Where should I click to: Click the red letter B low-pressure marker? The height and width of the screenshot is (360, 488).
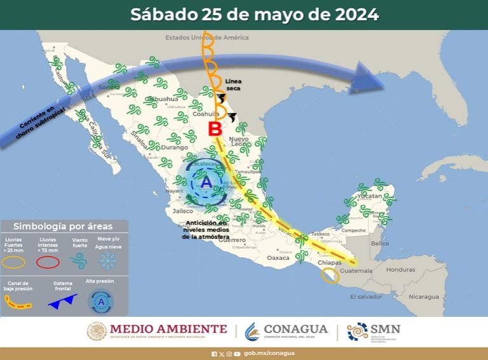pyautogui.click(x=215, y=129)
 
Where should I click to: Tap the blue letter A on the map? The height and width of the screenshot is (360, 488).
pyautogui.click(x=206, y=182)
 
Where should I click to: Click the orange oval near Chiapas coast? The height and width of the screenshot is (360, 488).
pyautogui.click(x=330, y=276)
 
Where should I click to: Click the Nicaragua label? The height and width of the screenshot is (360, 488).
pyautogui.click(x=423, y=297)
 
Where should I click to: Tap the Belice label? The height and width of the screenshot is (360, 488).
pyautogui.click(x=379, y=243)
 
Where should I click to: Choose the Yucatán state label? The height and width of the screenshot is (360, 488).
pyautogui.click(x=370, y=196)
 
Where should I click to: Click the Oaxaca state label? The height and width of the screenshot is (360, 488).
pyautogui.click(x=278, y=258)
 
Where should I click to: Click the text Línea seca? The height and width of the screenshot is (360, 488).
pyautogui.click(x=233, y=85)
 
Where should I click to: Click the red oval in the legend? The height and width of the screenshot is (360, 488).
pyautogui.click(x=48, y=262)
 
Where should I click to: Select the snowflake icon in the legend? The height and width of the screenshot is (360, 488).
pyautogui.click(x=107, y=260)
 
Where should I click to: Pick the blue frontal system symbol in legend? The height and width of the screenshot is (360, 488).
pyautogui.click(x=62, y=300)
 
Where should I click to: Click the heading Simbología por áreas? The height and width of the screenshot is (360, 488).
pyautogui.click(x=63, y=226)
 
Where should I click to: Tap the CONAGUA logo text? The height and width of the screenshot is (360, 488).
pyautogui.click(x=295, y=329)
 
